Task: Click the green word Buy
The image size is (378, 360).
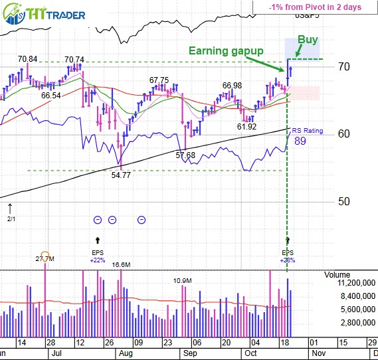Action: pyautogui.click(x=307, y=40)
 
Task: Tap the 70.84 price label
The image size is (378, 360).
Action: pyautogui.click(x=27, y=59)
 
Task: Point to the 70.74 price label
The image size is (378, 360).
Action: pyautogui.click(x=74, y=59)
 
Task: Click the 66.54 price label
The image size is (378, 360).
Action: pyautogui.click(x=50, y=96)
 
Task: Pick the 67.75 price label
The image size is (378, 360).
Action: pyautogui.click(x=159, y=80)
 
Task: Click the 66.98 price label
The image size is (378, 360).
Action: pyautogui.click(x=232, y=85)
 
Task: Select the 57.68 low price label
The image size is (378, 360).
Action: pyautogui.click(x=185, y=155)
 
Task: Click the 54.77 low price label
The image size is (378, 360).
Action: pyautogui.click(x=122, y=177)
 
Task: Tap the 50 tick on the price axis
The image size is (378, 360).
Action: pyautogui.click(x=343, y=201)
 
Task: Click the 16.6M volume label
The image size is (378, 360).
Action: pyautogui.click(x=120, y=264)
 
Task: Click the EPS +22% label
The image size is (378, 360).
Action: pyautogui.click(x=98, y=256)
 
